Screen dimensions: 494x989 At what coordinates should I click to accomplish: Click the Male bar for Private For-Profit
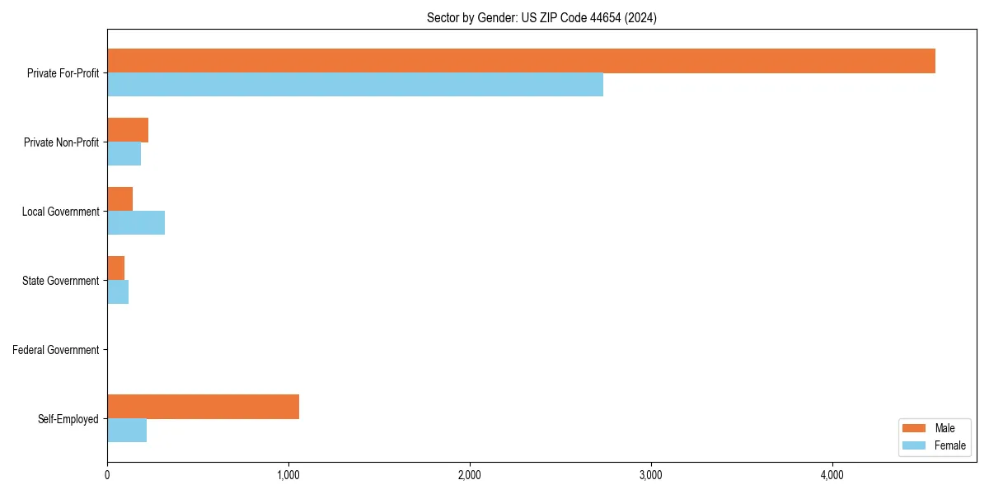(521, 61)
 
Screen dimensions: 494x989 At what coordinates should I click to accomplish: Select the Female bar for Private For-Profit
(355, 85)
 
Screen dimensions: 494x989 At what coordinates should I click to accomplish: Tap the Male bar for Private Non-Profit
(128, 130)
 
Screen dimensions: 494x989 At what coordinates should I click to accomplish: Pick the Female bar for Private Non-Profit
(124, 154)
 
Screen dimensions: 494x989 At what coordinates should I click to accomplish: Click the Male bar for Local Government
(120, 199)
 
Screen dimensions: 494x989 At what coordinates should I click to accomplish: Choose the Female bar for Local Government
(136, 223)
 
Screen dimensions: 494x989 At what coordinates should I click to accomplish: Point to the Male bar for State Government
(115, 268)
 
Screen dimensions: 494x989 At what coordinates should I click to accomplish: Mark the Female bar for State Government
(118, 292)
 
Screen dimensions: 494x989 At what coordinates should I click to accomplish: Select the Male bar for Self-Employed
(203, 407)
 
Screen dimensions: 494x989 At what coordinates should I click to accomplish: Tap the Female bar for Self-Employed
(127, 431)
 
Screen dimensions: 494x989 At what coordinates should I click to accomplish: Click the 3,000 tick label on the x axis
(651, 475)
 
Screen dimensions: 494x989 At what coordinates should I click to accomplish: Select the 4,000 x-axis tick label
(832, 475)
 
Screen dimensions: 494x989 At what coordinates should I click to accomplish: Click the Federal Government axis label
(56, 350)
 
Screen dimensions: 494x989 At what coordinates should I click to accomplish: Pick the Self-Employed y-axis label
(68, 419)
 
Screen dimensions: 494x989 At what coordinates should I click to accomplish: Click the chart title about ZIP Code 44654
(541, 17)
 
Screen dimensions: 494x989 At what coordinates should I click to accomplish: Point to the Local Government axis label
(60, 212)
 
